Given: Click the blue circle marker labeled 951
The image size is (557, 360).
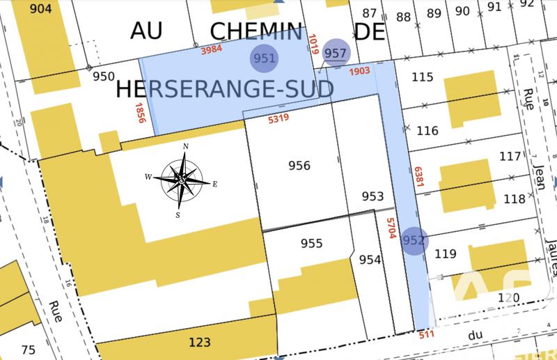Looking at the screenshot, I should [265, 58].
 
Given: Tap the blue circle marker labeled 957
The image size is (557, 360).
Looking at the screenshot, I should [336, 53].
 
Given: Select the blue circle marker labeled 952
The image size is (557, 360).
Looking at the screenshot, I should [414, 241].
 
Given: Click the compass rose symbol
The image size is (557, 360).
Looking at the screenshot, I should [181, 180].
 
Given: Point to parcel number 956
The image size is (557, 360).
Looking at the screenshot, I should [299, 166].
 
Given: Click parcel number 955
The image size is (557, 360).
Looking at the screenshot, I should [311, 243].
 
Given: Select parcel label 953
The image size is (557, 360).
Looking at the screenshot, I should [373, 196].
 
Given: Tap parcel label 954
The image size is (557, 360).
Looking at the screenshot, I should [370, 259].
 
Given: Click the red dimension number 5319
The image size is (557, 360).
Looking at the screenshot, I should [278, 119].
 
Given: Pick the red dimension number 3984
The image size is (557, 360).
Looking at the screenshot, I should [212, 51].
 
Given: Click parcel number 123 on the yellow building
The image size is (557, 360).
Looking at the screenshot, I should [199, 343].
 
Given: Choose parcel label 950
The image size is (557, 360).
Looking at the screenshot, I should [103, 76].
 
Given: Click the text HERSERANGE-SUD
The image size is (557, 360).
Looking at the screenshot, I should [223, 88].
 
